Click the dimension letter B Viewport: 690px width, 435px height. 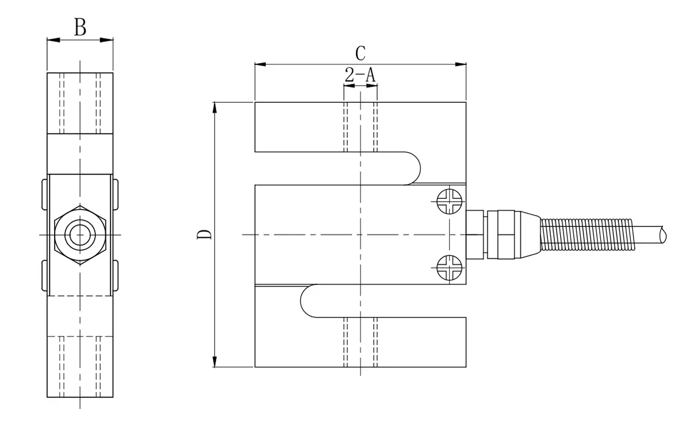pyautogui.click(x=80, y=27)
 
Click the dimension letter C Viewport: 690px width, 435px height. pyautogui.click(x=361, y=53)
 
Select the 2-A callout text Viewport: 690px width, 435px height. pyautogui.click(x=360, y=75)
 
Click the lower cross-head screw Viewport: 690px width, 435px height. pyautogui.click(x=449, y=268)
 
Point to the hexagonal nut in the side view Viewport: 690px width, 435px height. pyautogui.click(x=80, y=234)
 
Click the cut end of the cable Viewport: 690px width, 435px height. pyautogui.click(x=664, y=234)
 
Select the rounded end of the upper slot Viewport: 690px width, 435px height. pyautogui.click(x=414, y=168)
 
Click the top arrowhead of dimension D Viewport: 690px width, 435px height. pyautogui.click(x=214, y=107)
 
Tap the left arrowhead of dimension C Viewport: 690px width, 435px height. pyautogui.click(x=259, y=65)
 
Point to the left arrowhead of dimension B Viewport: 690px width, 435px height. pyautogui.click(x=52, y=40)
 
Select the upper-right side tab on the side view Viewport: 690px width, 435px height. pyautogui.click(x=116, y=195)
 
